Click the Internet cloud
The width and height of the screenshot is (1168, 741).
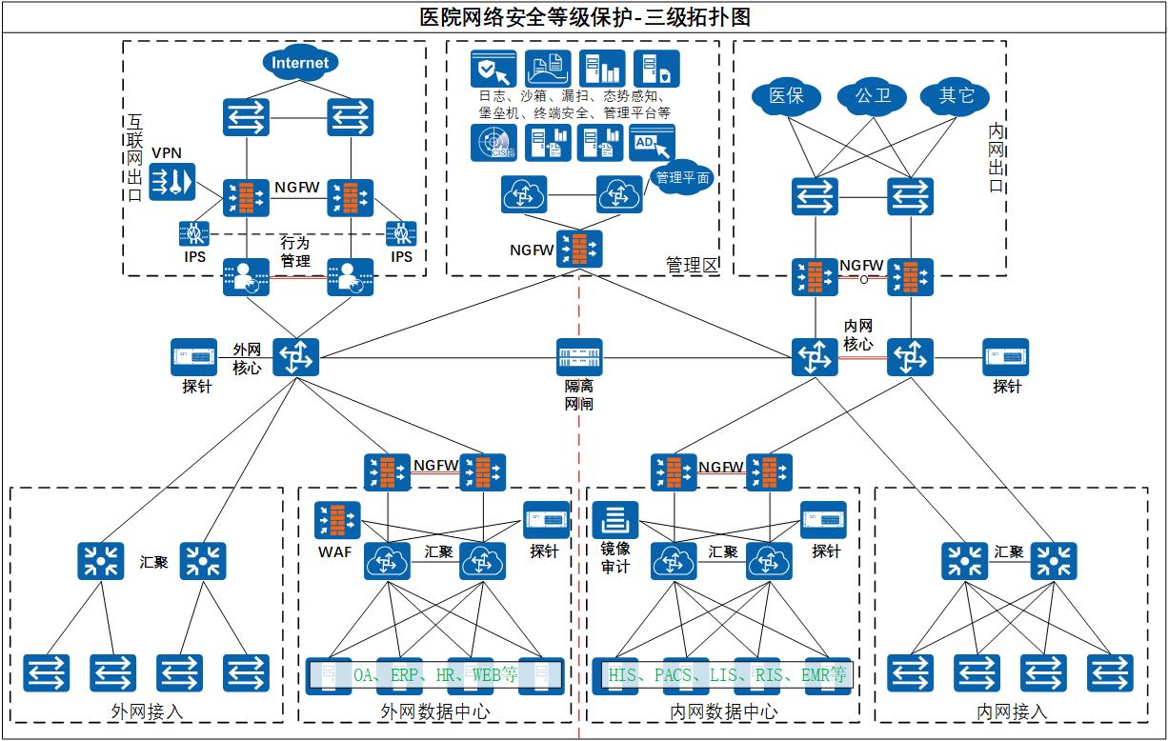pyautogui.click(x=300, y=64)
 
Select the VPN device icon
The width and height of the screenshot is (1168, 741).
pyautogui.click(x=171, y=181)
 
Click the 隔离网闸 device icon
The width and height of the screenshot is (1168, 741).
pyautogui.click(x=580, y=358)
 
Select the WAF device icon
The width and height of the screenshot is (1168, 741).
pyautogui.click(x=337, y=519)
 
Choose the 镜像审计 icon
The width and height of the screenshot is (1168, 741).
pyautogui.click(x=615, y=519)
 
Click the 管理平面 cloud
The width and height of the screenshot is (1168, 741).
pyautogui.click(x=683, y=177)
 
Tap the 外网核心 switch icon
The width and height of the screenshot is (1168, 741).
pyautogui.click(x=295, y=358)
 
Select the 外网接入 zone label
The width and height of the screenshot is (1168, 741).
pyautogui.click(x=147, y=711)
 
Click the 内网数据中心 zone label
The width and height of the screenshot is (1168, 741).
pyautogui.click(x=723, y=711)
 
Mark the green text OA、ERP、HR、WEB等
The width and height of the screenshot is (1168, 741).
pyautogui.click(x=434, y=675)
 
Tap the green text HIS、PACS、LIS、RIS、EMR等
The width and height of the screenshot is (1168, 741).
pyautogui.click(x=727, y=675)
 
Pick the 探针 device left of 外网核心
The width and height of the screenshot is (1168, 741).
pyautogui.click(x=195, y=357)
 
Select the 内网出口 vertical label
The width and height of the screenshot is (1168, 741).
pyautogui.click(x=997, y=157)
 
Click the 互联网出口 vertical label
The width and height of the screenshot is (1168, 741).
pyautogui.click(x=134, y=159)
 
